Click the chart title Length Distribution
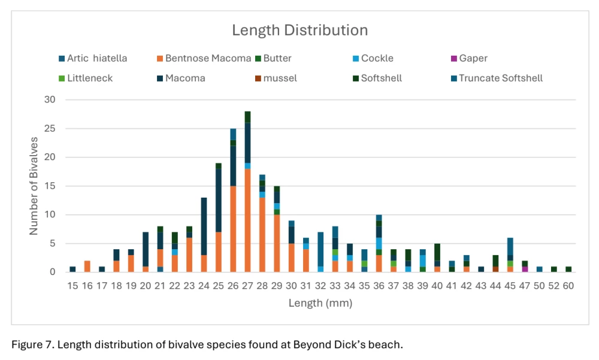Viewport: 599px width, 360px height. [x=299, y=30]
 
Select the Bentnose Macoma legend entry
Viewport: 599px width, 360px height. [x=208, y=58]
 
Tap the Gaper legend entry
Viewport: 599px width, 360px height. [x=473, y=58]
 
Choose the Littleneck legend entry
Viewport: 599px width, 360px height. [x=90, y=78]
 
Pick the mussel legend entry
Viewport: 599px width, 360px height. [x=280, y=78]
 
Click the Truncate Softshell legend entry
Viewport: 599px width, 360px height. [x=501, y=78]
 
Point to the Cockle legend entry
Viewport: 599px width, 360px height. [x=377, y=58]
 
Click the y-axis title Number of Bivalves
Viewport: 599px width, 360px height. [x=34, y=186]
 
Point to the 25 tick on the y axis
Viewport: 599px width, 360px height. [x=52, y=129]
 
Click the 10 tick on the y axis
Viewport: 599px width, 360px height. [x=52, y=214]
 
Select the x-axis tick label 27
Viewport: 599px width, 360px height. [x=247, y=286]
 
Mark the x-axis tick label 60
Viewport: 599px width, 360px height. [x=568, y=286]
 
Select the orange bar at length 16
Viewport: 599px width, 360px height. [x=87, y=267]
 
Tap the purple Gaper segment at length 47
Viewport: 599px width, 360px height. [x=525, y=269]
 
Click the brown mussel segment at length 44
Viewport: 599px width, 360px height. [x=495, y=269]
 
